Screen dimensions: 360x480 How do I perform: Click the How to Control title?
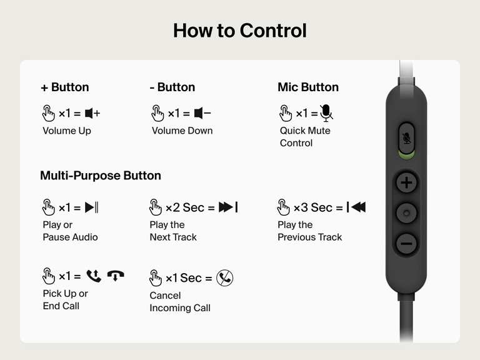click(240, 30)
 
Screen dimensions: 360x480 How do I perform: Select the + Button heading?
click(64, 87)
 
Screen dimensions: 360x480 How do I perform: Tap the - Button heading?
click(172, 87)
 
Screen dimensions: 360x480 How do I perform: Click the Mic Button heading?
click(308, 87)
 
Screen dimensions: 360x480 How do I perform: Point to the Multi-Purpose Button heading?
click(101, 176)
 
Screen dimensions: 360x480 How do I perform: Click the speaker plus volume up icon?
click(92, 113)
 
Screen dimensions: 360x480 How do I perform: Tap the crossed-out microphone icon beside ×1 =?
click(326, 112)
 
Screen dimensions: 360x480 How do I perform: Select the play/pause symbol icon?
click(92, 207)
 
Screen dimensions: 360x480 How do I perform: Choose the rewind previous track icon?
click(356, 207)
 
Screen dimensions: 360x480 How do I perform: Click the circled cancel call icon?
click(225, 278)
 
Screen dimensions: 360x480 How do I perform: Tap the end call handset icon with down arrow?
click(116, 275)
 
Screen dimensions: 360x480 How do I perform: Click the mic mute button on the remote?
click(407, 138)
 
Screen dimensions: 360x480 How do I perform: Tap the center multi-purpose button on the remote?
click(407, 214)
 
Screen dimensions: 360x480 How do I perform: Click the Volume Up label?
click(67, 131)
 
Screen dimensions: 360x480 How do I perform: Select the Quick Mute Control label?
click(305, 137)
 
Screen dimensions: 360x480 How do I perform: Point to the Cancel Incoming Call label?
click(180, 302)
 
